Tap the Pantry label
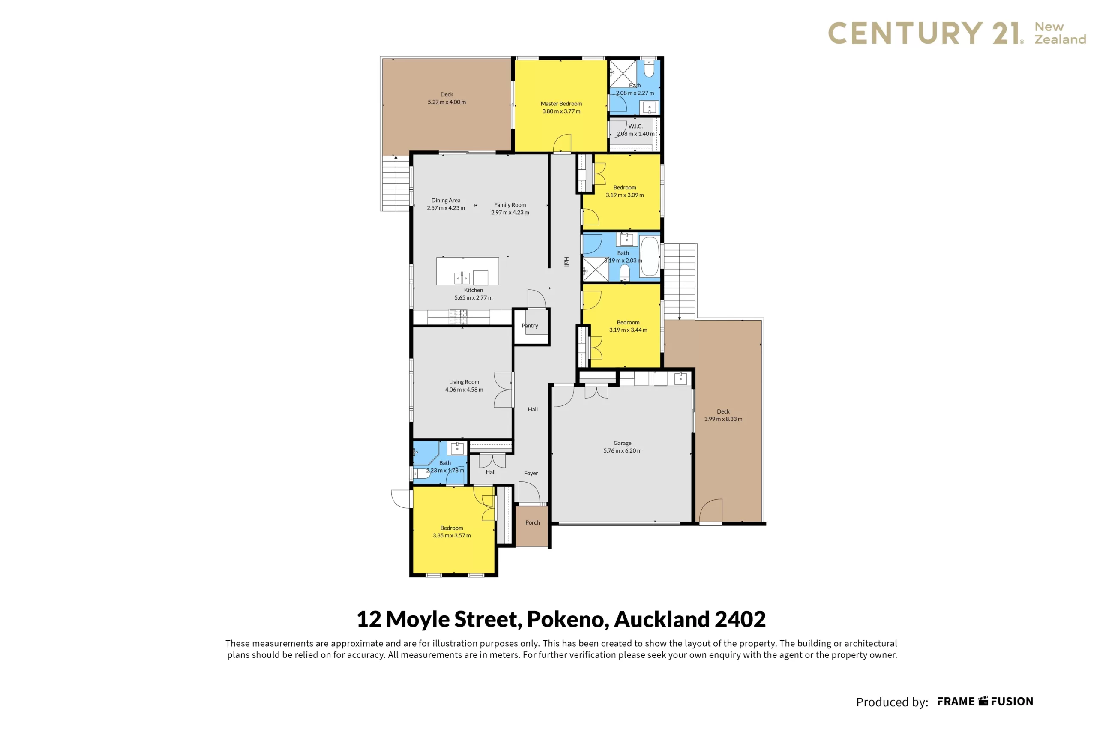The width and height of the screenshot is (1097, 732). pyautogui.click(x=530, y=326)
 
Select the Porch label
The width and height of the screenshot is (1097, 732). pyautogui.click(x=533, y=523)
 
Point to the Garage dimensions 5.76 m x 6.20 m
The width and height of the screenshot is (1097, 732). pyautogui.click(x=622, y=451)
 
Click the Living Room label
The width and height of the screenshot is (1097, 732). pyautogui.click(x=464, y=382)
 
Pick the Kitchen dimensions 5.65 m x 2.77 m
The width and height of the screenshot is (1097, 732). pyautogui.click(x=474, y=298)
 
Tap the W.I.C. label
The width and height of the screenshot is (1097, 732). pyautogui.click(x=635, y=126)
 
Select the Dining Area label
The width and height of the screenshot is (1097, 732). pyautogui.click(x=446, y=201)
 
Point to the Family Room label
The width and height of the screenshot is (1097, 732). pyautogui.click(x=510, y=205)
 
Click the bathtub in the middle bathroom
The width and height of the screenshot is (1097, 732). pyautogui.click(x=649, y=256)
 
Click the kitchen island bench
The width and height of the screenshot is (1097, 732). pyautogui.click(x=467, y=271)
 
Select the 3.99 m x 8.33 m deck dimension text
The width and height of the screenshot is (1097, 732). pyautogui.click(x=723, y=419)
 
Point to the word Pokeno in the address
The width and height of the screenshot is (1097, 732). pyautogui.click(x=568, y=619)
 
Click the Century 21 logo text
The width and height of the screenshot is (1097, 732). pyautogui.click(x=926, y=33)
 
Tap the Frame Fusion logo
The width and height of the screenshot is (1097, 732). pyautogui.click(x=986, y=702)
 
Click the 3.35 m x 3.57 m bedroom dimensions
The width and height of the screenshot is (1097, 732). pyautogui.click(x=451, y=536)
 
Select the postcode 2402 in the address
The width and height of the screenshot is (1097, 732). pyautogui.click(x=740, y=619)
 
